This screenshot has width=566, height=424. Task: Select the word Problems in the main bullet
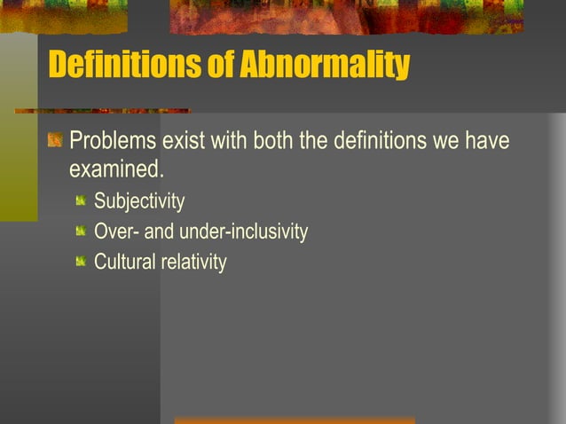point(114,141)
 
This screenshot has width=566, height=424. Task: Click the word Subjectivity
point(139,202)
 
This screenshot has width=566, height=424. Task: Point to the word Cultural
point(124,263)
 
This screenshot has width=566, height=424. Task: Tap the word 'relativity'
point(193,263)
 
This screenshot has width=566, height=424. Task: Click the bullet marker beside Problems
point(55,140)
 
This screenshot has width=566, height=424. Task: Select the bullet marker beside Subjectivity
point(81,201)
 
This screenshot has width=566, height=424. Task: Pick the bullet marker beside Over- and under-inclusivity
point(81,232)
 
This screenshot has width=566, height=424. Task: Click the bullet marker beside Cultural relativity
point(81,262)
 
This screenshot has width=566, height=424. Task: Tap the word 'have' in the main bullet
point(488,141)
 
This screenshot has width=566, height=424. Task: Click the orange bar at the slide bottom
point(295,420)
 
